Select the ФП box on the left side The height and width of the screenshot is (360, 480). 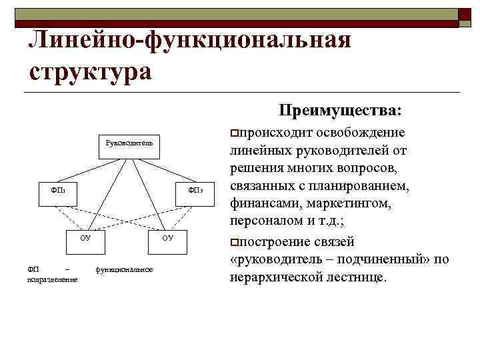(x=57, y=191)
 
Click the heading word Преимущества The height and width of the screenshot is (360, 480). (x=341, y=109)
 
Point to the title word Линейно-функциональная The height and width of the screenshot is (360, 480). (x=190, y=41)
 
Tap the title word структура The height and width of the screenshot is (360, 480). (x=91, y=70)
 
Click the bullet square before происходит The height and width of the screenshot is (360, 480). (x=234, y=131)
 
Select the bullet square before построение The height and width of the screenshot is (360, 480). (x=234, y=241)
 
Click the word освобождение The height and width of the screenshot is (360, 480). (x=366, y=131)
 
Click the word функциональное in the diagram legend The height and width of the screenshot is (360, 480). (x=125, y=269)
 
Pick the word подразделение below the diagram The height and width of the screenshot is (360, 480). (x=53, y=279)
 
